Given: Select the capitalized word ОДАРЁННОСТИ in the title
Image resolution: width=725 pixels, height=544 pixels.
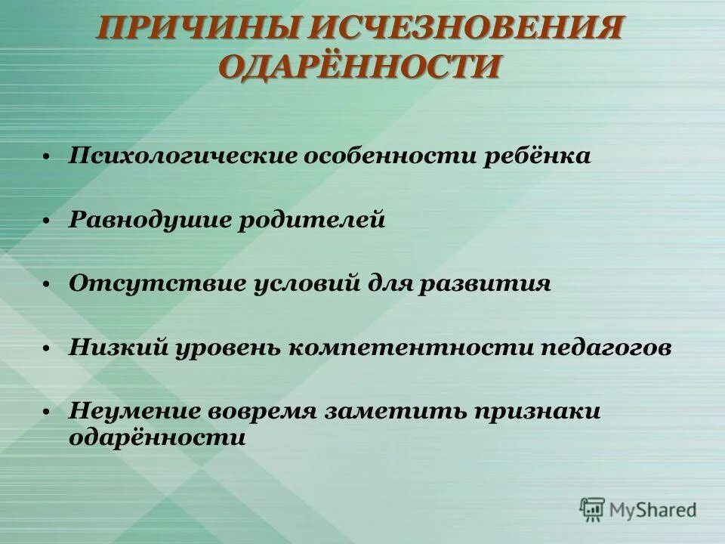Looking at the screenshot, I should [360, 67].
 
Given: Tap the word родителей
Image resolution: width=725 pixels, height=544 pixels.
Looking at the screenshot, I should [313, 221].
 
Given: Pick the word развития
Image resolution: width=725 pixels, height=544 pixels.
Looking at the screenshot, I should [495, 284].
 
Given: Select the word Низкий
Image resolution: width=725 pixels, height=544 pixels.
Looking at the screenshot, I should [121, 348].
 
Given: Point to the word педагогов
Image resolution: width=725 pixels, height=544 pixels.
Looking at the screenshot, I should [606, 348].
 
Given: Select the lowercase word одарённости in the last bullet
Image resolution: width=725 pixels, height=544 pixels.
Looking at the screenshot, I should [157, 437].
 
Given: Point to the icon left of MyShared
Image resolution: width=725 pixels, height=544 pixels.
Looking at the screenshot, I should [593, 510].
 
